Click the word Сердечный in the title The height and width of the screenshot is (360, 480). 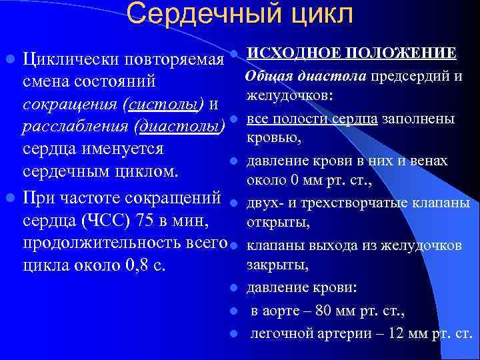(194, 14)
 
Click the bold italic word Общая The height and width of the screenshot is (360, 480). (268, 75)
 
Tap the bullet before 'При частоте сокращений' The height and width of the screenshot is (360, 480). (10, 197)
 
